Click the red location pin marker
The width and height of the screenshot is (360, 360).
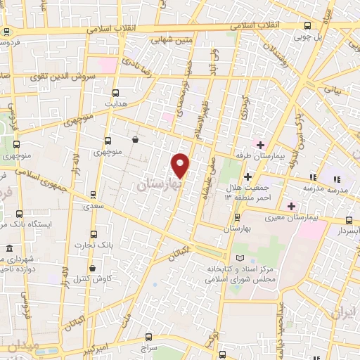point(181,165)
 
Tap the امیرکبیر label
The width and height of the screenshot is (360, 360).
point(92,349)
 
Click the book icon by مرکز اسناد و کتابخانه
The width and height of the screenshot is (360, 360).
point(242,259)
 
